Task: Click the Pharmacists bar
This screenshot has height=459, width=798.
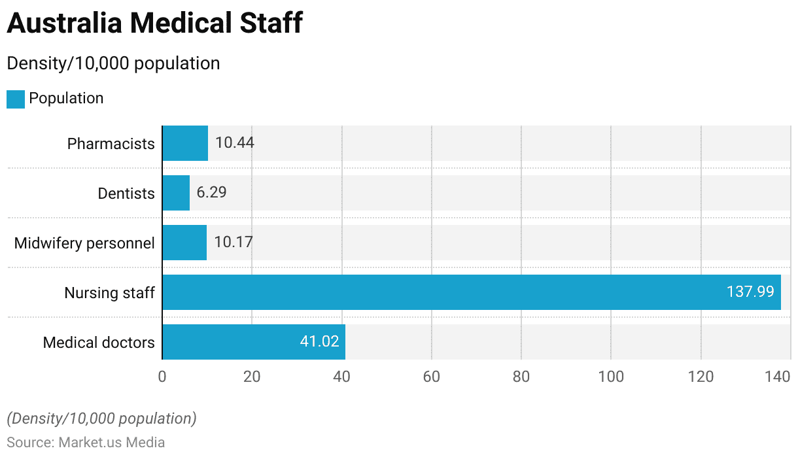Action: click(185, 143)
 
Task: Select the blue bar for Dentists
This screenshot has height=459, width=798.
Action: click(176, 193)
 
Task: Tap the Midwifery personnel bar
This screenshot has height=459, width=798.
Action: click(184, 243)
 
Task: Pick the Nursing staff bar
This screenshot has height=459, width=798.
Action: click(471, 292)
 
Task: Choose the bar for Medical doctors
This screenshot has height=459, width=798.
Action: click(254, 342)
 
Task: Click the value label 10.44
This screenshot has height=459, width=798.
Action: click(234, 143)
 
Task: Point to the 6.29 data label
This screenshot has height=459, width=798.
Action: click(211, 193)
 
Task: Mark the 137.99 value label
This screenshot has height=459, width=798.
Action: click(750, 292)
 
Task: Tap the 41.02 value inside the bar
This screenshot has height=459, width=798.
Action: click(319, 342)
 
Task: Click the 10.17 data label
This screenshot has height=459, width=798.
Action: click(233, 243)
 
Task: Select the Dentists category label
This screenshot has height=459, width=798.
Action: click(126, 194)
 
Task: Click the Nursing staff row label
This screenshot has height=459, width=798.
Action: click(109, 293)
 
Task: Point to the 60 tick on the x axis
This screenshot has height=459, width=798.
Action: click(431, 377)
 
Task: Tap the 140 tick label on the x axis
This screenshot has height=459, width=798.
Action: click(778, 377)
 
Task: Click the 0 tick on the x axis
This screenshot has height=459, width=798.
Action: click(162, 377)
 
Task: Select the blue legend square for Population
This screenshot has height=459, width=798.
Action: click(16, 99)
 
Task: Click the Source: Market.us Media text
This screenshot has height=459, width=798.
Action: click(86, 443)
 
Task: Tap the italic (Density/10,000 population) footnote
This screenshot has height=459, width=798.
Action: click(101, 418)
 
